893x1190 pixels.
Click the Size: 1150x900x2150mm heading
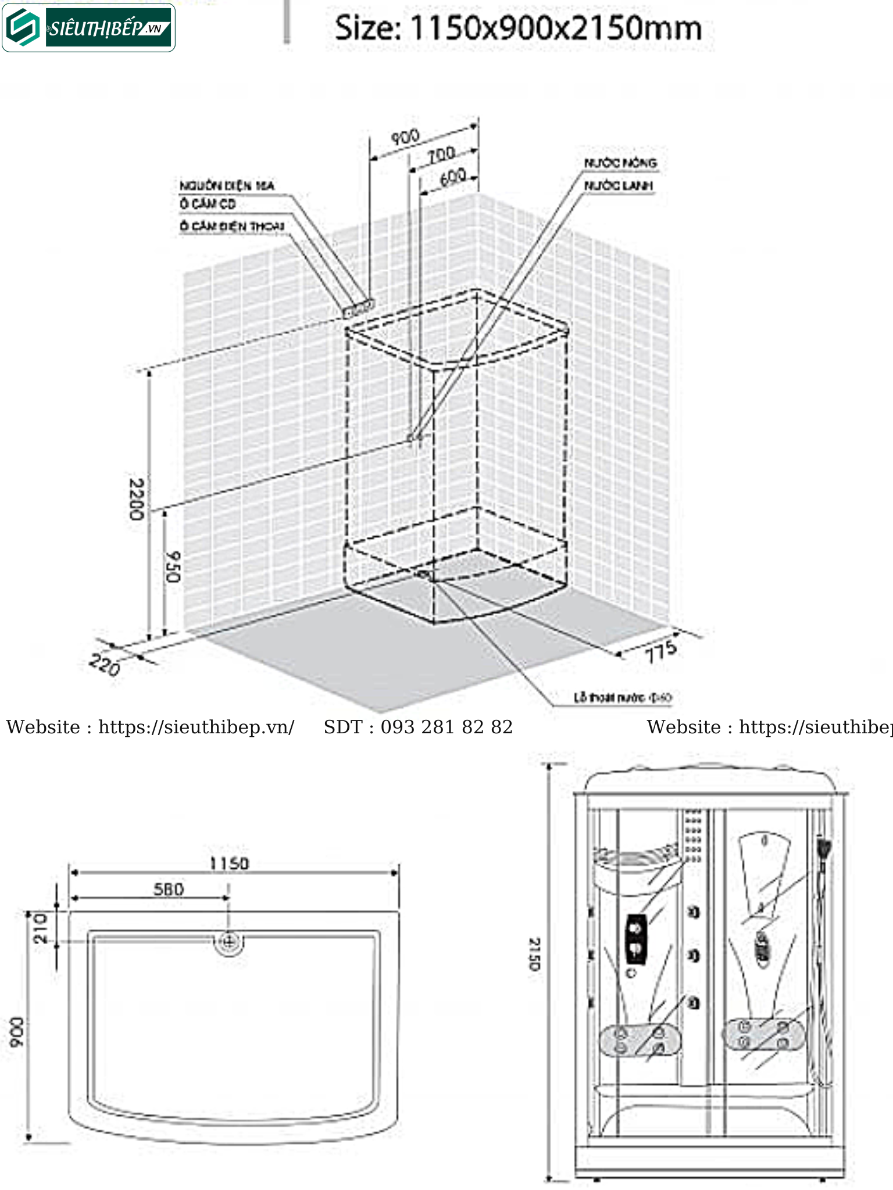[x=518, y=28]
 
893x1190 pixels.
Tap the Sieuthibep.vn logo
[x=89, y=28]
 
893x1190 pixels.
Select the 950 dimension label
[x=173, y=567]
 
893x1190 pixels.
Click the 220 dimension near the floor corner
[x=105, y=665]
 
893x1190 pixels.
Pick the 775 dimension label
[x=661, y=652]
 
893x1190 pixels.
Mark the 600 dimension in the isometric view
[x=452, y=177]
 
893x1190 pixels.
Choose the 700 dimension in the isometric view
[x=441, y=155]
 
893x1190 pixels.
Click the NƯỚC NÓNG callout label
[x=620, y=163]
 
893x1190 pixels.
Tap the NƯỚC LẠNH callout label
[x=619, y=186]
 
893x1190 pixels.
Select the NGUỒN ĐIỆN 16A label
[x=227, y=186]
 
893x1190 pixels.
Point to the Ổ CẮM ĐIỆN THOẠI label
[x=232, y=226]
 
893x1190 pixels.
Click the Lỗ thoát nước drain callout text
[x=623, y=697]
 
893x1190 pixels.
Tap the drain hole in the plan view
[x=228, y=942]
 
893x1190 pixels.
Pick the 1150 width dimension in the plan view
[x=229, y=863]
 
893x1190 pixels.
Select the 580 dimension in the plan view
[x=169, y=889]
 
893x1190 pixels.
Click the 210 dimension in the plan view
[x=40, y=928]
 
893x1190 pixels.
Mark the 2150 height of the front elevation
[x=534, y=954]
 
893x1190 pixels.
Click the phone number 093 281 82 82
[x=446, y=727]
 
